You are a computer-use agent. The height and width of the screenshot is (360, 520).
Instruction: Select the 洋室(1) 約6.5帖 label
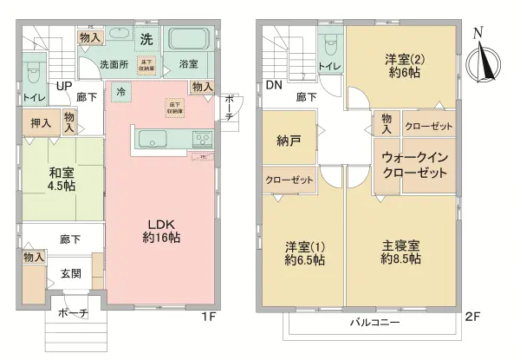click(304, 253)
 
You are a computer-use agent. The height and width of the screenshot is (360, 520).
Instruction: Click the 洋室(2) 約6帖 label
click(404, 66)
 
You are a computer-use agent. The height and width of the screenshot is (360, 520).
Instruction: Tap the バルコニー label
click(374, 322)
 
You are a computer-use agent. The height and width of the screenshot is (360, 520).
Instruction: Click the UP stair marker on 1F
click(63, 86)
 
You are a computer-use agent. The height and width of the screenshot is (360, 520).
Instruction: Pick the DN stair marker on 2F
click(274, 86)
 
